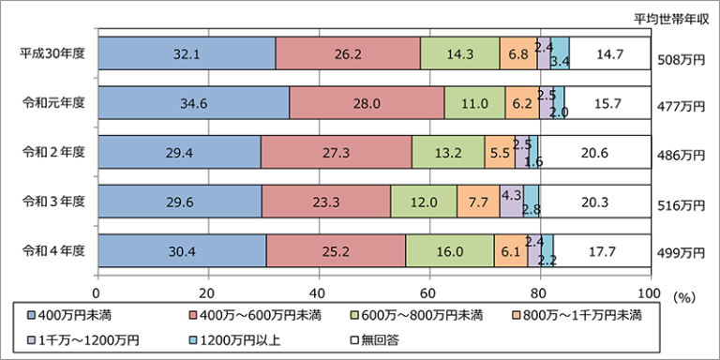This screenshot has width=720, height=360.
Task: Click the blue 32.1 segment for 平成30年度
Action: tap(187, 54)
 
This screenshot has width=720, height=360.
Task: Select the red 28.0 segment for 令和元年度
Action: tap(367, 103)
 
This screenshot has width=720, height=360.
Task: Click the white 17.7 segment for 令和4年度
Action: tap(602, 250)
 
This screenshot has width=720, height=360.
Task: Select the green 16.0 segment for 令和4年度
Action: tap(449, 250)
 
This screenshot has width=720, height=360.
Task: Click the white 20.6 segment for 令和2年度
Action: tap(595, 152)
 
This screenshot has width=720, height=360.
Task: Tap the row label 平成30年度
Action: tap(52, 54)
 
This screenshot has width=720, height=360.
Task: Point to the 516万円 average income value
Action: tap(681, 204)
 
